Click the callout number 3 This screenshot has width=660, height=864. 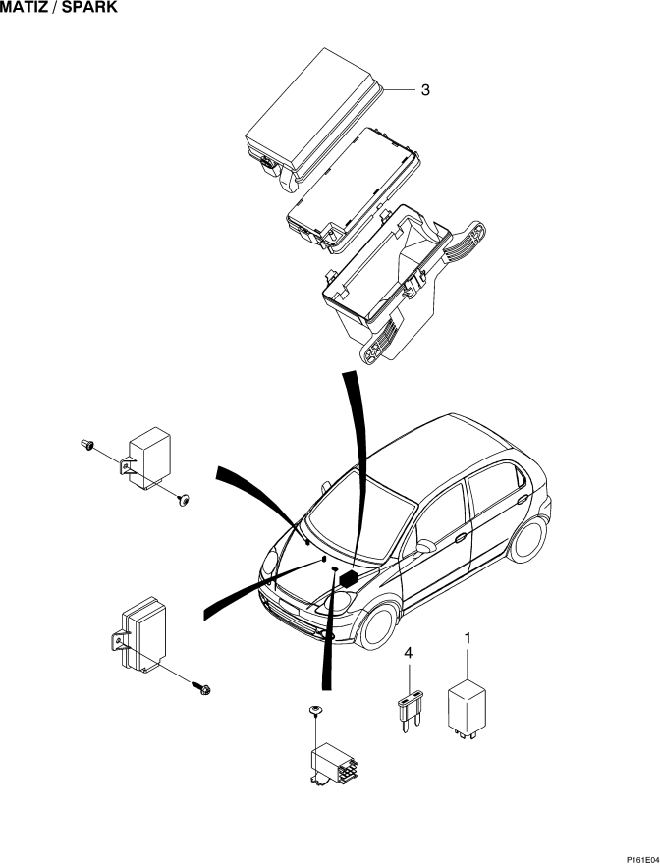click(425, 89)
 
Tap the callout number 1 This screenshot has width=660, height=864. click(467, 638)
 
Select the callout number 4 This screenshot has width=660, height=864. click(408, 654)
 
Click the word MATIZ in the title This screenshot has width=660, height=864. click(24, 7)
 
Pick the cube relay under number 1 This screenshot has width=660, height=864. click(467, 709)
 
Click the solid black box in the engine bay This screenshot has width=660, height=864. click(350, 578)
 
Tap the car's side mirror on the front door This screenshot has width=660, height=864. click(425, 547)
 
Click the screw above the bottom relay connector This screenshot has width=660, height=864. click(316, 710)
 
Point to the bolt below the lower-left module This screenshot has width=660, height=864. click(202, 687)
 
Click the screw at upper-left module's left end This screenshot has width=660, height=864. click(86, 444)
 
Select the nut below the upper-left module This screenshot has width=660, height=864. click(184, 501)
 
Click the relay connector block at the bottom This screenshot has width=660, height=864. click(333, 763)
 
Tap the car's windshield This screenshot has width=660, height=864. click(360, 517)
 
